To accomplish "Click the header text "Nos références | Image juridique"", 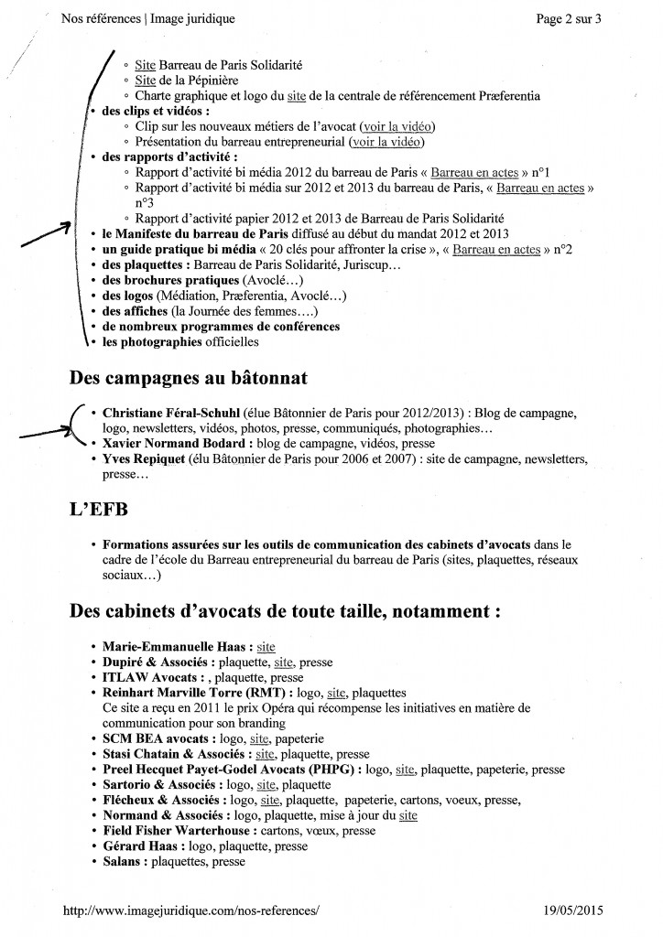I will pos(147,18).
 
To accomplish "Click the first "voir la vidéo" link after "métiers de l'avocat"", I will pos(397,125).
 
